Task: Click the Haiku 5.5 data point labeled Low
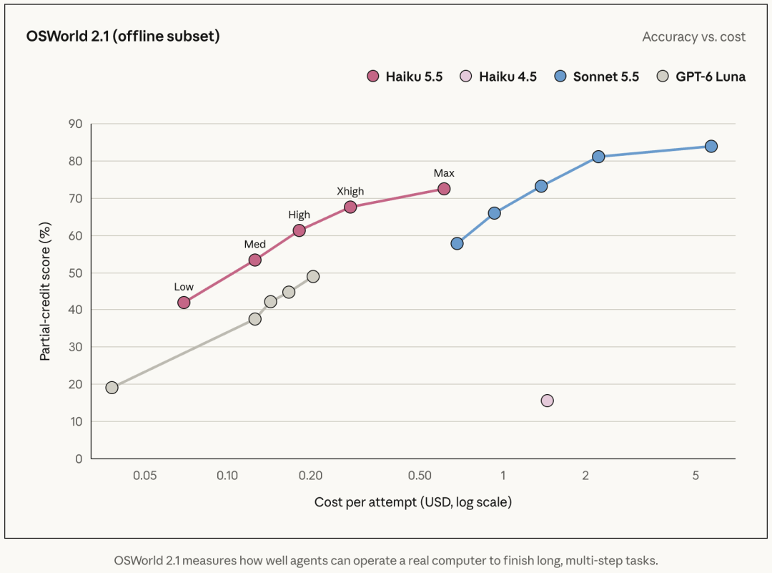tap(184, 303)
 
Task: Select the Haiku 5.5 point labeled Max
tap(444, 189)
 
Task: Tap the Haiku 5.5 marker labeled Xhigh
tap(350, 207)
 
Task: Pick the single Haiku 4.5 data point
tap(547, 401)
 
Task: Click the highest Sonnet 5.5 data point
tap(711, 147)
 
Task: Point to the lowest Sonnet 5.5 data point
tap(457, 243)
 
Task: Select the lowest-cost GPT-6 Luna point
tap(112, 388)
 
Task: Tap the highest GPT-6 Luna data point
tap(312, 276)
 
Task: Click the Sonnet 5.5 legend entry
tap(596, 77)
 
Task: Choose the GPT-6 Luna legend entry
tap(701, 77)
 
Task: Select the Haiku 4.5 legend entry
tap(498, 77)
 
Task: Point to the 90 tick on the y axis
tap(76, 124)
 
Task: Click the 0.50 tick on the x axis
tap(420, 476)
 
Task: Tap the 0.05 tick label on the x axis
tap(144, 476)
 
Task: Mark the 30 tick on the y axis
tap(76, 347)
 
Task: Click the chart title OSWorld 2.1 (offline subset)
tap(123, 36)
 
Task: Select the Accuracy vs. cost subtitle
tap(693, 37)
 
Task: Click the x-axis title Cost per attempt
tap(413, 502)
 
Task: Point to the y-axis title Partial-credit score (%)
tap(45, 291)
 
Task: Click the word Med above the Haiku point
tap(255, 245)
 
